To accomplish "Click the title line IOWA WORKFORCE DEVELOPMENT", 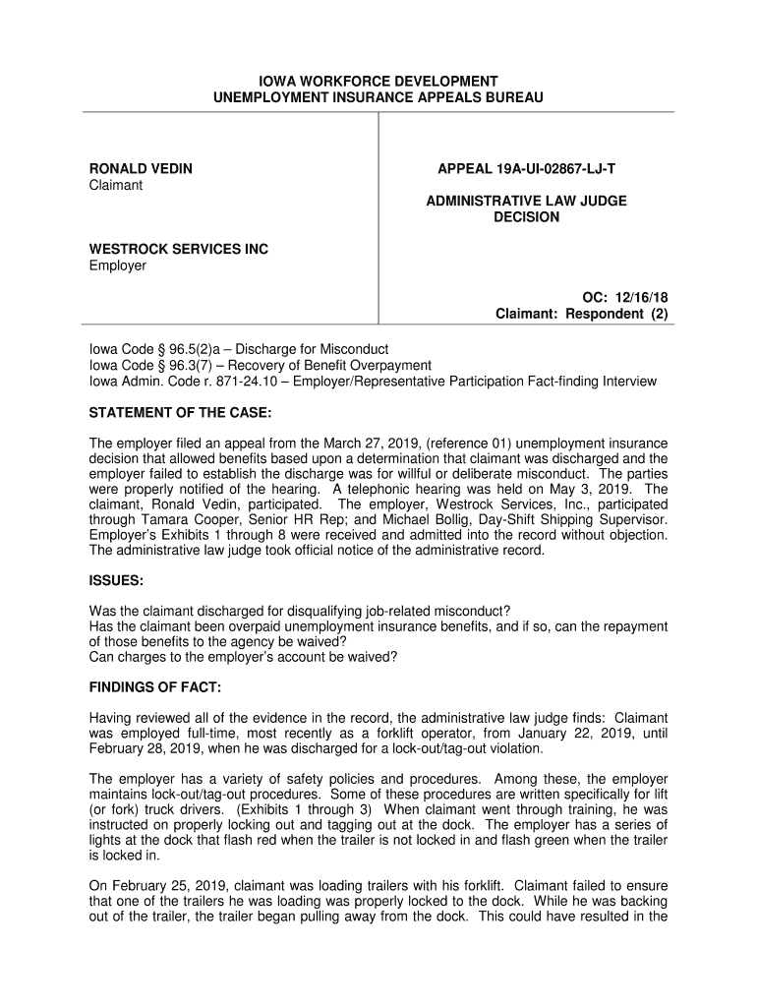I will (x=378, y=81).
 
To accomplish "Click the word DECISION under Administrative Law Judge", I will (x=526, y=217).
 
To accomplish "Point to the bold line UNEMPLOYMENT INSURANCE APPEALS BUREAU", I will (x=378, y=98).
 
